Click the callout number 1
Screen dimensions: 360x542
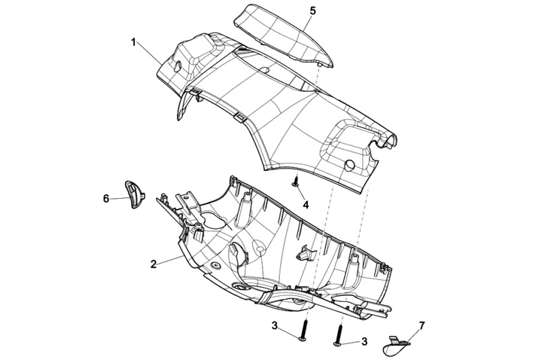click(x=133, y=42)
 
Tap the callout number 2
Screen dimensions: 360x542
click(x=154, y=264)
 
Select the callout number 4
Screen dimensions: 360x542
click(x=306, y=204)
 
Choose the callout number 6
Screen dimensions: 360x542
click(x=106, y=198)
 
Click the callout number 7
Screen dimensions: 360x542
click(x=422, y=325)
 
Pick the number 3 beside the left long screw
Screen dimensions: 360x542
click(x=276, y=325)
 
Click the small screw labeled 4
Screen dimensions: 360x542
click(x=297, y=182)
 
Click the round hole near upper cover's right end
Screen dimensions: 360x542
click(x=349, y=165)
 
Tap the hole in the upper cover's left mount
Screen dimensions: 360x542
click(x=176, y=66)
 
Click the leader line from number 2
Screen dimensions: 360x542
click(x=171, y=260)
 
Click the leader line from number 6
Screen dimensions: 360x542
click(x=119, y=198)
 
